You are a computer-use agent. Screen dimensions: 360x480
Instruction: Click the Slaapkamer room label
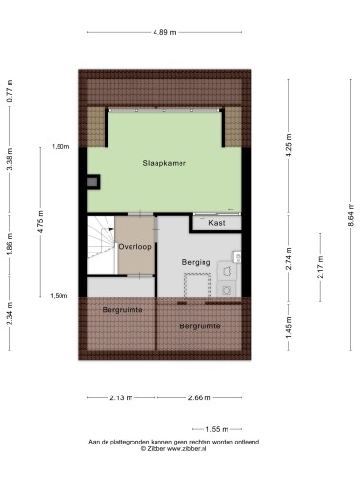164,163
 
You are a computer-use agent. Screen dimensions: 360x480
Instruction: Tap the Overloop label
134,247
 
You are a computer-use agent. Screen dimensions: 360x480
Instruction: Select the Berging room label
196,262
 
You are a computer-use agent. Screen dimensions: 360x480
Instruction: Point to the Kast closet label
217,223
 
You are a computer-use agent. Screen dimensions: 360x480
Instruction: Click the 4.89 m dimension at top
164,32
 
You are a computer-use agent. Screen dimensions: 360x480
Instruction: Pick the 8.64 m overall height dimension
351,214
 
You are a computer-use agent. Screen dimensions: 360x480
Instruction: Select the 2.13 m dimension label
121,398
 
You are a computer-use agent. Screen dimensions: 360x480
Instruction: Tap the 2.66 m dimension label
200,398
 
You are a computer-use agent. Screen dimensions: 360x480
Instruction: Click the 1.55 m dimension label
217,429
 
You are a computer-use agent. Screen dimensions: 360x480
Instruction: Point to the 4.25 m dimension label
289,146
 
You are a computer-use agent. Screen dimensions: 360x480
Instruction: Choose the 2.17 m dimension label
320,268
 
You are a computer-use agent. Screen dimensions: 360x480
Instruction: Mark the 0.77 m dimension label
10,90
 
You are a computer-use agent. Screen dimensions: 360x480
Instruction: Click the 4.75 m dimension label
40,222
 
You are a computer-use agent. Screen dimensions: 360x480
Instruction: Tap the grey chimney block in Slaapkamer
92,182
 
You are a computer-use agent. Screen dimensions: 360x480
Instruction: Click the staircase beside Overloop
101,245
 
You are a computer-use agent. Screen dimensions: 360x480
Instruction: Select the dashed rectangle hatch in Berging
198,285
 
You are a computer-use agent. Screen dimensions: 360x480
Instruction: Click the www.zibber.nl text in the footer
187,449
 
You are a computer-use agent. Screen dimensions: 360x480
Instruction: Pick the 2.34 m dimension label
10,314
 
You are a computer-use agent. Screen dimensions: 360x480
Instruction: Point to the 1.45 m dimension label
289,327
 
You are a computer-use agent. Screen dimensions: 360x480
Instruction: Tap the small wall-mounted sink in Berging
237,256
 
